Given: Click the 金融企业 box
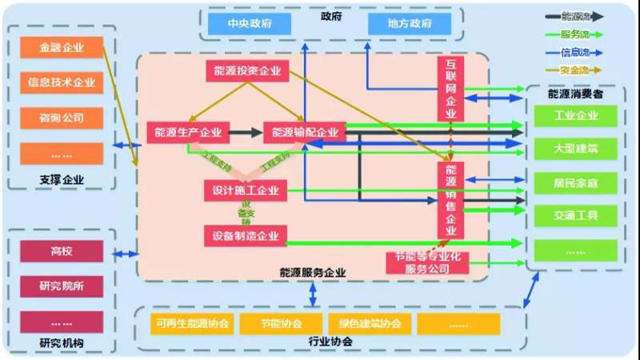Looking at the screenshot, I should coord(62,47).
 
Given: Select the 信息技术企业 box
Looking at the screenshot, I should coord(62,82).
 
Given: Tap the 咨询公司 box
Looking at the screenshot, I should coord(62,118).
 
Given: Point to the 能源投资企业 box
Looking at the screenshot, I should coord(247,71).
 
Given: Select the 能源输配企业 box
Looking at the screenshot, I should coord(304,132).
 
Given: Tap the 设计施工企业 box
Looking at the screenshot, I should coord(246,190).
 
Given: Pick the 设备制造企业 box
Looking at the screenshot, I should coord(246,235).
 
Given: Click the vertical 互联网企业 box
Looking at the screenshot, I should coord(450,88).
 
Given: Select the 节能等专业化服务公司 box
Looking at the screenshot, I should coord(428,262).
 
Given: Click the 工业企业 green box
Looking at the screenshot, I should coord(575,115).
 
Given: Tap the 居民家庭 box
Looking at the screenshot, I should coord(575,183).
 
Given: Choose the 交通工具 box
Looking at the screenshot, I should coord(575,215).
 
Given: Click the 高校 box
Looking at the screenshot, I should coord(62,251).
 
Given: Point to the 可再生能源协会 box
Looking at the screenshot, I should coord(193,324).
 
